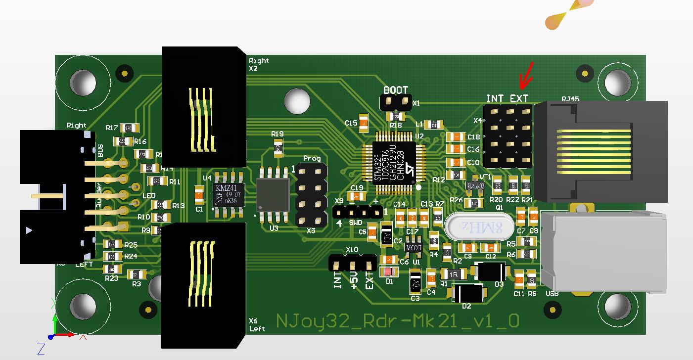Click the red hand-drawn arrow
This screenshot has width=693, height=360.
(526, 77)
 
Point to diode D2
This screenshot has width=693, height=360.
(467, 292)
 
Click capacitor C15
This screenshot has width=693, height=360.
(364, 123)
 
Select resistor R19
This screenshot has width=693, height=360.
(278, 147)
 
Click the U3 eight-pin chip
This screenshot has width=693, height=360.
(273, 195)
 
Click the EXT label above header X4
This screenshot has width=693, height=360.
(519, 98)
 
